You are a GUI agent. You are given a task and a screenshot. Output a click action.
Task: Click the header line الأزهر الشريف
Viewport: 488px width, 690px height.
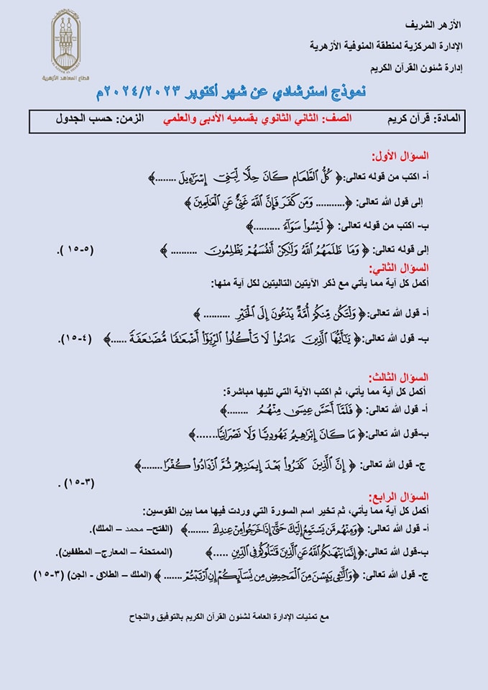tap(438, 24)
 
